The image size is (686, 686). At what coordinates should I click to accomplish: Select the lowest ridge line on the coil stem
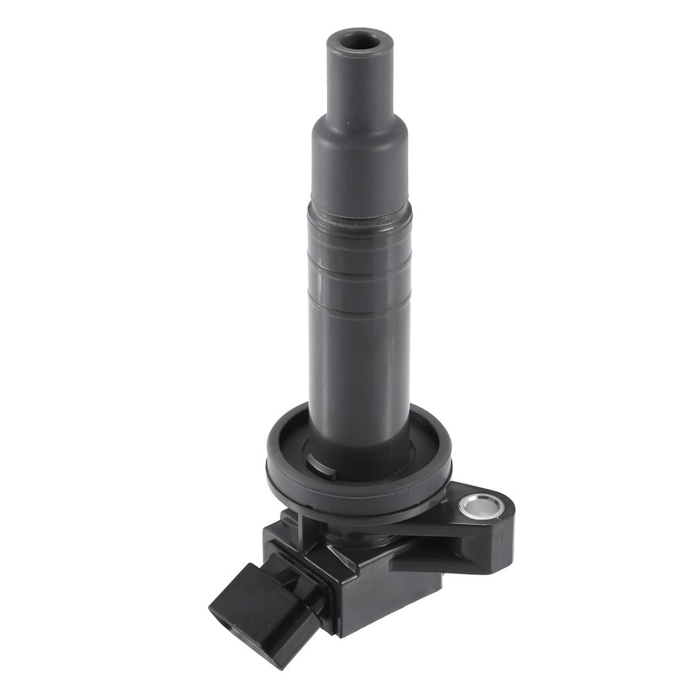click(360, 315)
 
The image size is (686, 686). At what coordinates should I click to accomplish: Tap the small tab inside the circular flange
click(323, 467)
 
